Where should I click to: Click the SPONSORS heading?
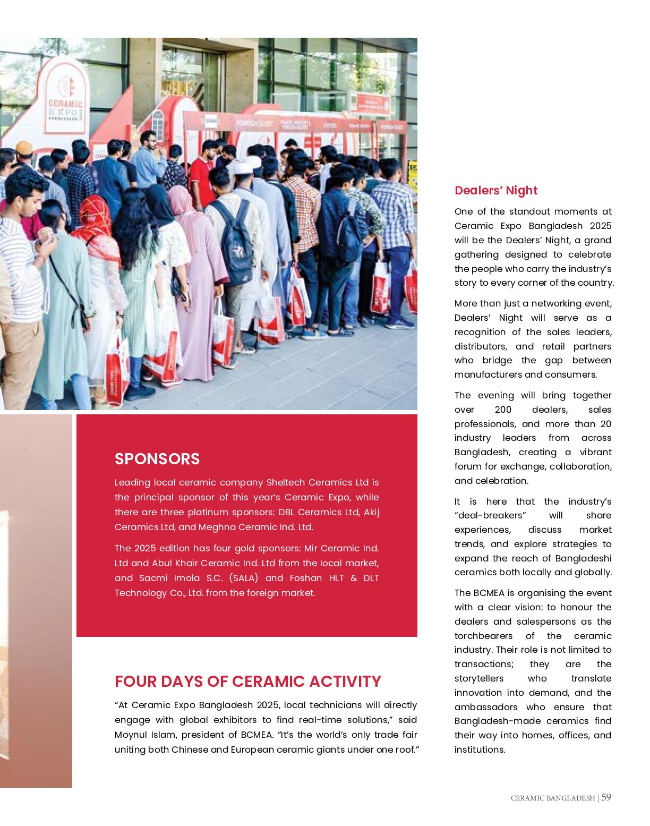point(157,459)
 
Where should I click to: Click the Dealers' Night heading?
point(496,191)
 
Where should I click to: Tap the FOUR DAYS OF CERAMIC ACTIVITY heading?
point(248,682)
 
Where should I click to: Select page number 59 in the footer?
point(606,797)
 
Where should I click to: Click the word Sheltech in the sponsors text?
point(285,482)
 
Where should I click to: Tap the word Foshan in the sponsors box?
point(309,578)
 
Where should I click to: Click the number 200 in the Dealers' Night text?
point(502,410)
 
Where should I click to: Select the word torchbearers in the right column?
point(483,636)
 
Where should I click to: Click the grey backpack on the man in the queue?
point(234,242)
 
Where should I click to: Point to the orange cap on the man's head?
point(23,147)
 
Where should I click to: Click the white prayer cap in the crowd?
point(240,166)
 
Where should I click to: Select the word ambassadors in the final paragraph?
point(485,707)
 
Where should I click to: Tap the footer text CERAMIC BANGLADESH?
point(552,798)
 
